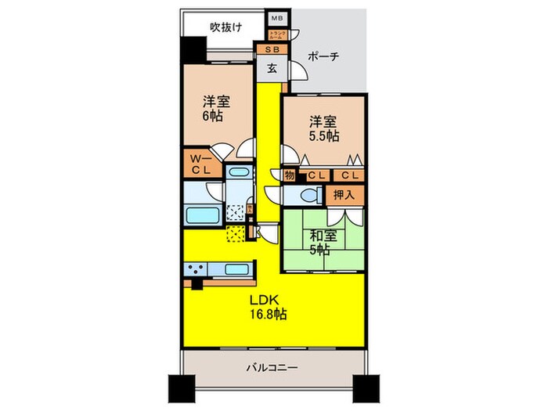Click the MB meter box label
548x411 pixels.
point(276,17)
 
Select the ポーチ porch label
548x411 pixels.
point(323,57)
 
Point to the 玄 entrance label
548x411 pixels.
point(272,68)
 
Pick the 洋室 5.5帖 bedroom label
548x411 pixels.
point(323,128)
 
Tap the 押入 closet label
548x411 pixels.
point(344,195)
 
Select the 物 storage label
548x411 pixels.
point(288,175)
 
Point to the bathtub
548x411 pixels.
point(202,215)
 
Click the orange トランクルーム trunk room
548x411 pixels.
point(278,34)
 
